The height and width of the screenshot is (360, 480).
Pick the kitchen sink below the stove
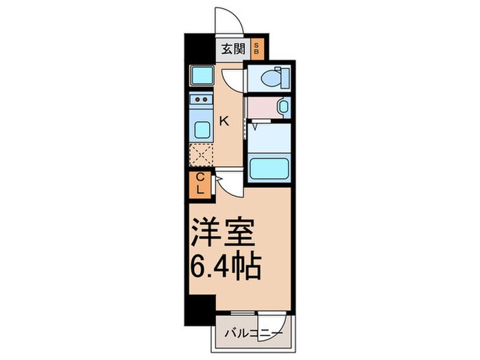[201, 129]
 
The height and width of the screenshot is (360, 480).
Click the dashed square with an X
[201, 156]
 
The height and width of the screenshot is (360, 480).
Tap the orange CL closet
[201, 184]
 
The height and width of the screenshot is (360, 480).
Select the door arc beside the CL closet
[226, 180]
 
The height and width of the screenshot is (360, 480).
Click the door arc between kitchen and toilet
[233, 79]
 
